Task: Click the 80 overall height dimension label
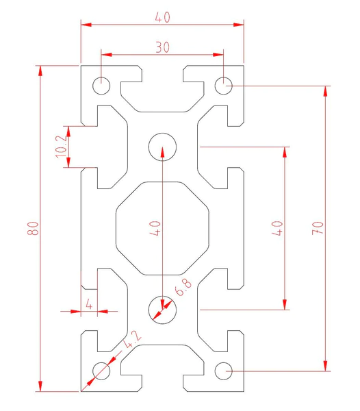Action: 34,228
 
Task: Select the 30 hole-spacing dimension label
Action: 163,47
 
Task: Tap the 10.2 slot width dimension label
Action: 62,147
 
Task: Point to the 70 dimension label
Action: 318,228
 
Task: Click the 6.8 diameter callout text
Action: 183,287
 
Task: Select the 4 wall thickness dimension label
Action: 89,305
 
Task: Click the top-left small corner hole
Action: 101,86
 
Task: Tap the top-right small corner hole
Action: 223,86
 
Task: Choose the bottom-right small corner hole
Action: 223,371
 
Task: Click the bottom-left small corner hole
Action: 101,371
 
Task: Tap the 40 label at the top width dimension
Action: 163,17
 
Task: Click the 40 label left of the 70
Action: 277,228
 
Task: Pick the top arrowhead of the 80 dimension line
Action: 40,71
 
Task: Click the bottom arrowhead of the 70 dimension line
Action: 326,366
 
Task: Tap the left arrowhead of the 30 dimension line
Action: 107,55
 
